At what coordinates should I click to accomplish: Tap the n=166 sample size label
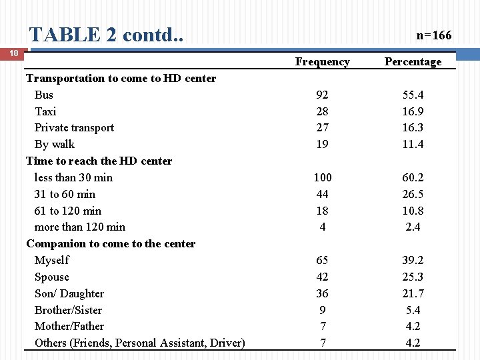[x=433, y=35]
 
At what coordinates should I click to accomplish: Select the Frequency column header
[x=322, y=62]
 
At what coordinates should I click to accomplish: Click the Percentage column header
[x=413, y=62]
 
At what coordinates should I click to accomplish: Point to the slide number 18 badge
[x=12, y=53]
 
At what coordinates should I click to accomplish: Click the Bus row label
[x=44, y=95]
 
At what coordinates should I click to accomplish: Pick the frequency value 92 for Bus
[x=322, y=95]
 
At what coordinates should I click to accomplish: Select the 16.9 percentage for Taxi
[x=413, y=111]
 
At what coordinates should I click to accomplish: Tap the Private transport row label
[x=74, y=127]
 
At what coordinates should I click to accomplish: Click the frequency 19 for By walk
[x=322, y=144]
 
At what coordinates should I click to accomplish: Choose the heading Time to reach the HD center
[x=99, y=161]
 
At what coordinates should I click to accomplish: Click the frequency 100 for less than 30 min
[x=322, y=177]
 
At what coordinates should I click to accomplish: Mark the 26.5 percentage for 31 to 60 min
[x=413, y=194]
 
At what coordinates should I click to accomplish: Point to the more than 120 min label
[x=79, y=227]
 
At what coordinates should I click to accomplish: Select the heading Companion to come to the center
[x=111, y=243]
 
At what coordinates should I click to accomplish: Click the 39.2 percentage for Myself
[x=413, y=260]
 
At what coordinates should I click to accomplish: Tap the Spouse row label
[x=52, y=277]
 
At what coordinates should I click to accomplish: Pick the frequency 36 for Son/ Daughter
[x=322, y=293]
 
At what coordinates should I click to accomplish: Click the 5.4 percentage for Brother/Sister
[x=413, y=310]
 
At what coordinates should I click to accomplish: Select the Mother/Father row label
[x=69, y=326]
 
